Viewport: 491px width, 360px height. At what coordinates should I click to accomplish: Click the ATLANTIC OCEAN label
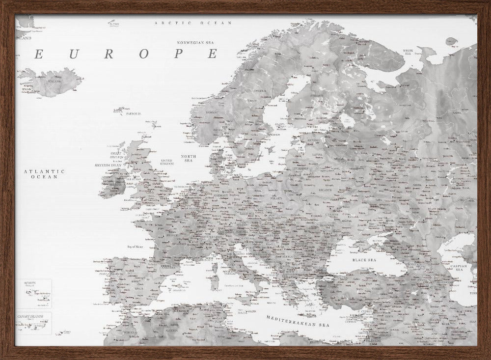click(x=44, y=174)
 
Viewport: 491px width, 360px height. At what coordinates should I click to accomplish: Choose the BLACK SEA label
click(x=364, y=260)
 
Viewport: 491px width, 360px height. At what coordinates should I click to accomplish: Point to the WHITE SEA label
click(x=408, y=52)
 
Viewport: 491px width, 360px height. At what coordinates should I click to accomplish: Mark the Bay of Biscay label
click(x=137, y=247)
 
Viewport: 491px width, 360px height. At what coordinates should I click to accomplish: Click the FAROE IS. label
click(x=133, y=113)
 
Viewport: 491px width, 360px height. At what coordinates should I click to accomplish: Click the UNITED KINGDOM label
click(x=167, y=162)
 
